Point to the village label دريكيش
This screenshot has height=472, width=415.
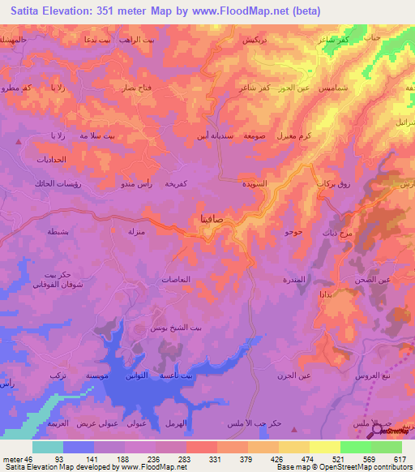[x=256, y=39]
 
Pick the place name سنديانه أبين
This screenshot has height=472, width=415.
[x=216, y=136]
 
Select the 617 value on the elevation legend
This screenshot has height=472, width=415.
[x=400, y=459]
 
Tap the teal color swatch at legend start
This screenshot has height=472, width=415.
[x=47, y=447]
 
